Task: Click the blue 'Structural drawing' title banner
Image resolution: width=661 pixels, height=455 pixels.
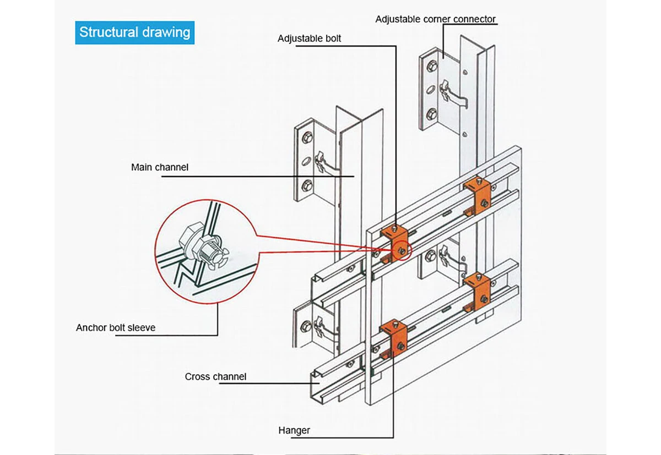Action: (134, 32)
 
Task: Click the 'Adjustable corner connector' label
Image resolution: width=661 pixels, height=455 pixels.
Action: (435, 19)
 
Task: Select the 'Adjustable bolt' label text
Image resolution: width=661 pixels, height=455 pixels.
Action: (309, 39)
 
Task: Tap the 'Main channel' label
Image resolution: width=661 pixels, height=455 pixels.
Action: (159, 167)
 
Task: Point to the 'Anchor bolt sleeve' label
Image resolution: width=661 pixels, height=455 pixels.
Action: (116, 328)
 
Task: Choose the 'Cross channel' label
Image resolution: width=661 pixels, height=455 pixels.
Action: (215, 377)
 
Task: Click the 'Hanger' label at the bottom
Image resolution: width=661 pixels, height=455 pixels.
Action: (295, 430)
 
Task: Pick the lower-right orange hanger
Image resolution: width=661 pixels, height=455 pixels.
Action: (478, 290)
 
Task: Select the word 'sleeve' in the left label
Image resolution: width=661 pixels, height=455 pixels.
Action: (142, 328)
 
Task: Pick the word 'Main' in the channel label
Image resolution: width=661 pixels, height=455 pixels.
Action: (141, 167)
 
